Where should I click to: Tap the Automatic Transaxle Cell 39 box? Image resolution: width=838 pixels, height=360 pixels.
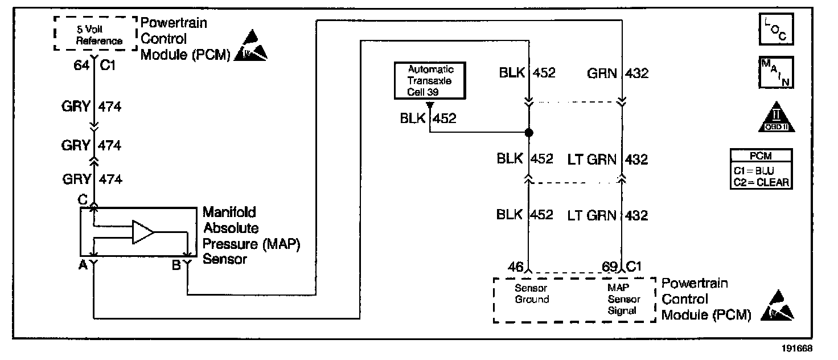(431, 80)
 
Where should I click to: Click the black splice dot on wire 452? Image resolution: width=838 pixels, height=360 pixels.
(528, 133)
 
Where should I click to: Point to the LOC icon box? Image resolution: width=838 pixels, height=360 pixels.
(776, 28)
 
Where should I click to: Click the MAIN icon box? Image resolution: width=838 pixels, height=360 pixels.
(776, 72)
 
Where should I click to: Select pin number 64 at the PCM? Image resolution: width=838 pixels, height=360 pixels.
(81, 66)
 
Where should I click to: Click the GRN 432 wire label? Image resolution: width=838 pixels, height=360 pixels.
(617, 73)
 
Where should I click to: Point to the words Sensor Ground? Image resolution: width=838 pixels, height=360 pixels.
(532, 293)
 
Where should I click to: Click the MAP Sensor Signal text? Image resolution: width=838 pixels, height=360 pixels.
(623, 299)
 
